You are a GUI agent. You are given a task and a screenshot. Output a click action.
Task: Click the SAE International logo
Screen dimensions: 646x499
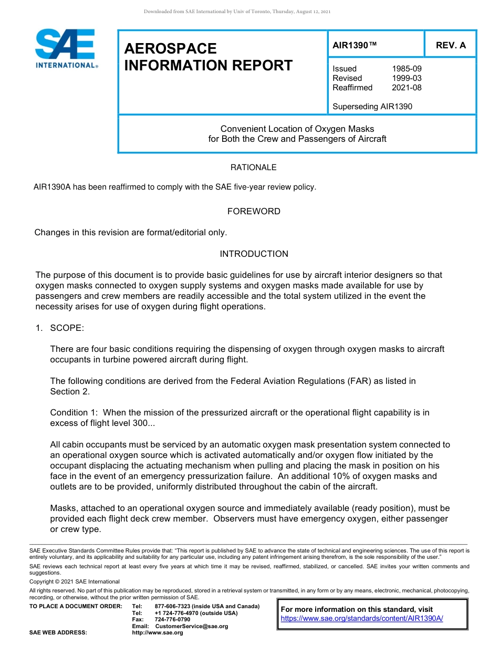pyautogui.click(x=65, y=48)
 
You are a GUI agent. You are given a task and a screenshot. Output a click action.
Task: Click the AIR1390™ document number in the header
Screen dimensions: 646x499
pyautogui.click(x=355, y=45)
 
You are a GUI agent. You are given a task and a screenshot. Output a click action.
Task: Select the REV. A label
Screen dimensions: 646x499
pyautogui.click(x=451, y=45)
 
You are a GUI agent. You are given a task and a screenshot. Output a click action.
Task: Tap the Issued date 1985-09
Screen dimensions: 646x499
pyautogui.click(x=407, y=69)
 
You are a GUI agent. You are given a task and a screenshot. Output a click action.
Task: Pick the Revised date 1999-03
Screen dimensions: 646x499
pyautogui.click(x=407, y=78)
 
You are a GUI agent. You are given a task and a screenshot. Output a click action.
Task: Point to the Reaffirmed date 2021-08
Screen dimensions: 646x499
pyautogui.click(x=407, y=88)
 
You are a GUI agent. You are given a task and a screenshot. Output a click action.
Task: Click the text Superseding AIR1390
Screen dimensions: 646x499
pyautogui.click(x=372, y=107)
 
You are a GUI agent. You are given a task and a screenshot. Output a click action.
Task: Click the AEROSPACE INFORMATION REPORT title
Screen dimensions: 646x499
pyautogui.click(x=208, y=57)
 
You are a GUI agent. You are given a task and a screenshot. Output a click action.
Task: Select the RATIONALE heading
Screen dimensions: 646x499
pyautogui.click(x=254, y=168)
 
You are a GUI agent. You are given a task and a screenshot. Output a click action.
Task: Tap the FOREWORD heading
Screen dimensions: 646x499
pyautogui.click(x=254, y=211)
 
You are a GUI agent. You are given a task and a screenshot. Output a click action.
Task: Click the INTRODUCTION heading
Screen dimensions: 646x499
pyautogui.click(x=254, y=254)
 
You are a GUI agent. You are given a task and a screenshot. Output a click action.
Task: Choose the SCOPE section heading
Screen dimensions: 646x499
pyautogui.click(x=67, y=328)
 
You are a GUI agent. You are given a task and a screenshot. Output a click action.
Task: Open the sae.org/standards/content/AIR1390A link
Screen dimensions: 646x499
pyautogui.click(x=362, y=619)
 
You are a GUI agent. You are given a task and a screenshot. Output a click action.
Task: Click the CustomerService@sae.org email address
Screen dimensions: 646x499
pyautogui.click(x=192, y=626)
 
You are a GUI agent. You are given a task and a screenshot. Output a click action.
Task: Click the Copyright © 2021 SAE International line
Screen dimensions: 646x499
pyautogui.click(x=75, y=581)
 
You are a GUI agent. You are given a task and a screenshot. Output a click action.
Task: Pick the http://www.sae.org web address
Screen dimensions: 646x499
pyautogui.click(x=157, y=632)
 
